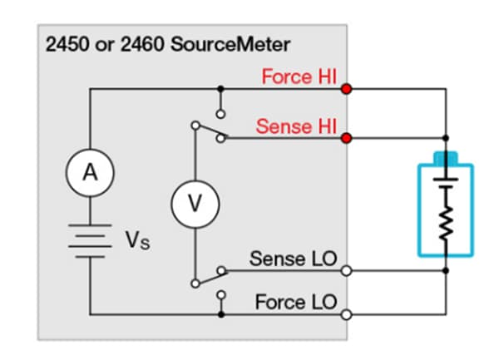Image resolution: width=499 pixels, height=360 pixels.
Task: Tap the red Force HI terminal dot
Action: click(346, 87)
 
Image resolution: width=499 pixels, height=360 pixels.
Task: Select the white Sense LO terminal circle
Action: click(346, 269)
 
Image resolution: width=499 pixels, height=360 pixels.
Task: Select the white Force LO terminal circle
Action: click(346, 313)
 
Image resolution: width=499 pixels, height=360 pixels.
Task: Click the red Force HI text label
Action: click(299, 76)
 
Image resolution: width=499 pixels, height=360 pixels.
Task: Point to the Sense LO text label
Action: click(293, 259)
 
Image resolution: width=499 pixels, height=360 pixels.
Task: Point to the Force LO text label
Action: click(295, 303)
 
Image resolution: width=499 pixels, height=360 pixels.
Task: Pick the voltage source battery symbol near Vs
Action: click(90, 239)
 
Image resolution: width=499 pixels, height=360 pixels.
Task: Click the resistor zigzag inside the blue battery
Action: click(447, 223)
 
